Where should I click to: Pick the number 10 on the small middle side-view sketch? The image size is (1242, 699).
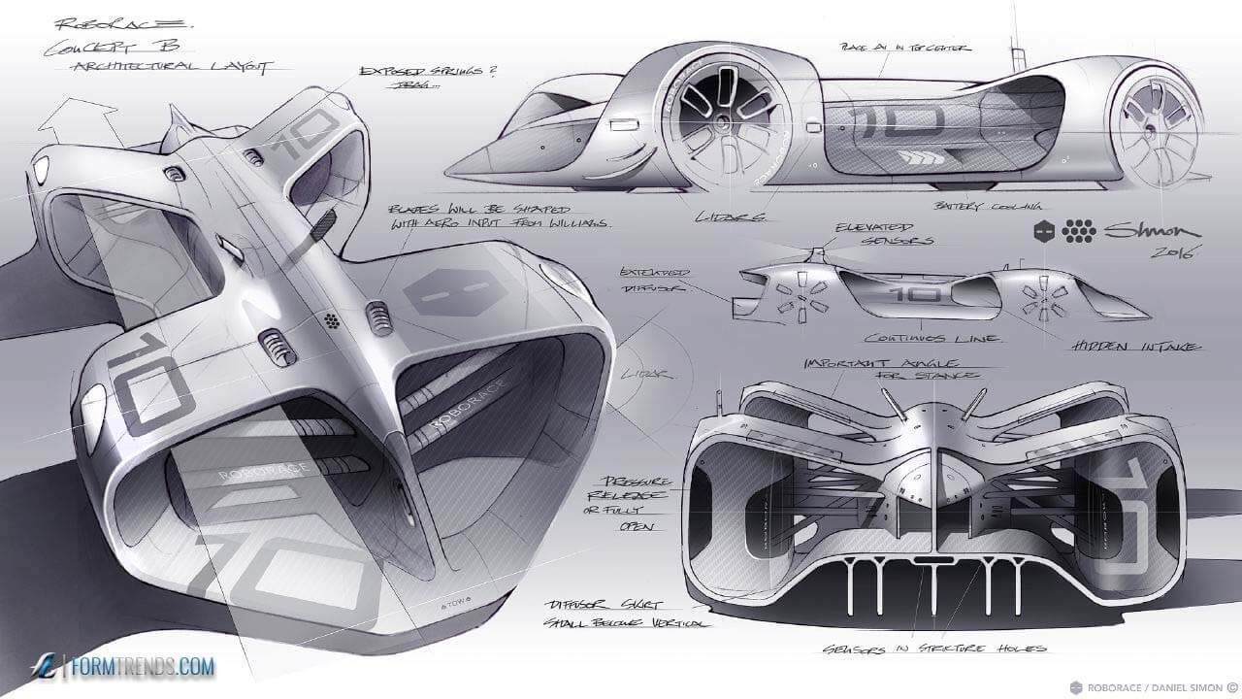[x=908, y=295]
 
